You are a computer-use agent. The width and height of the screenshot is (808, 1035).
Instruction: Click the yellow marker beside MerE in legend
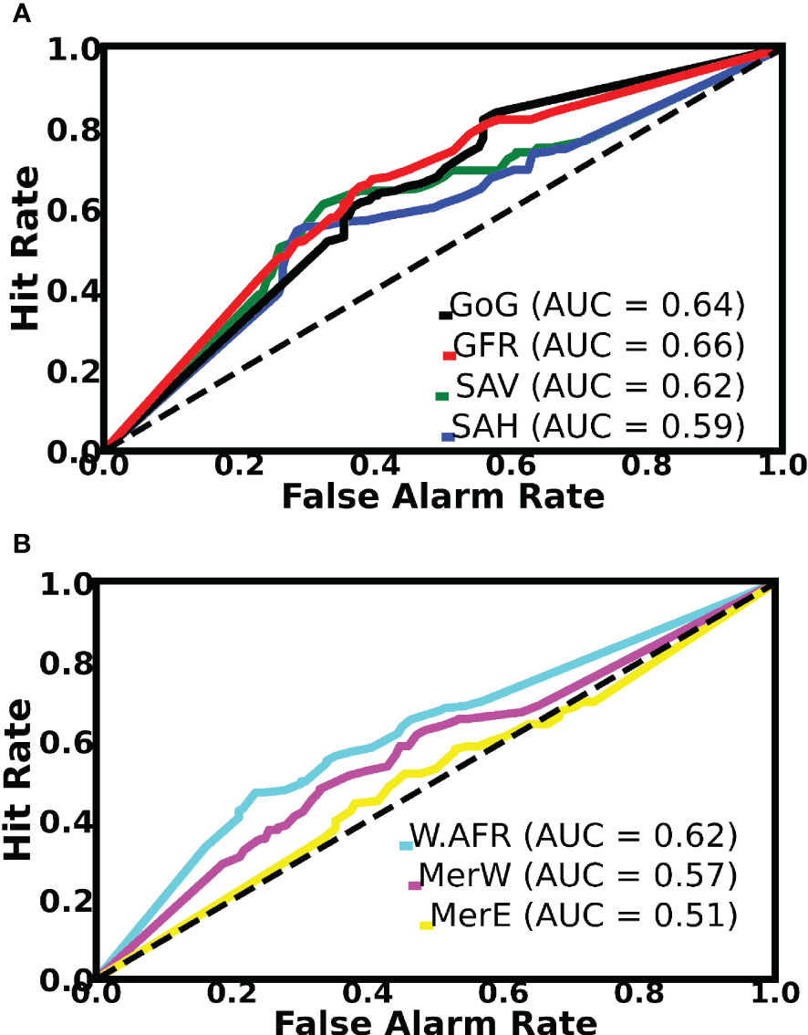(425, 925)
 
